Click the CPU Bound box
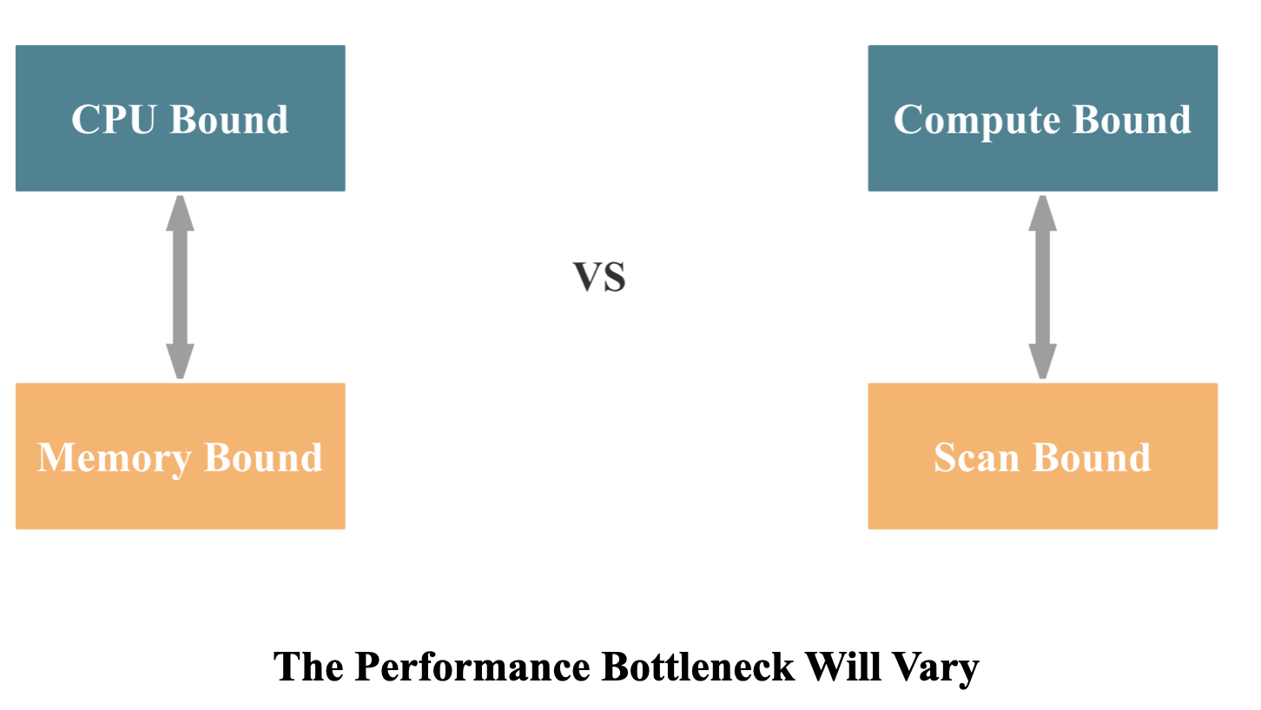(180, 118)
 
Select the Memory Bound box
(180, 456)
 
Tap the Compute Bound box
(1042, 118)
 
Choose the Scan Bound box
(1042, 456)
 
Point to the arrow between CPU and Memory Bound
(180, 286)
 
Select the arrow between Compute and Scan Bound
(1042, 286)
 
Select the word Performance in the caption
(473, 667)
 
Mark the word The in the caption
(309, 667)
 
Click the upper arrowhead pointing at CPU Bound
(180, 213)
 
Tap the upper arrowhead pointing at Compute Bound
(1042, 213)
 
